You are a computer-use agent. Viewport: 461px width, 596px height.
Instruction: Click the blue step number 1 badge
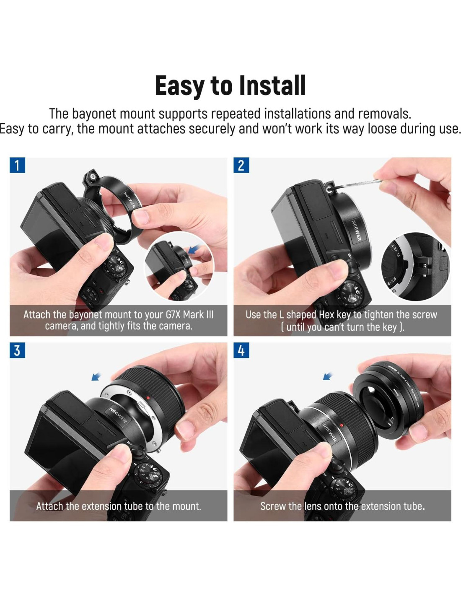tap(17, 165)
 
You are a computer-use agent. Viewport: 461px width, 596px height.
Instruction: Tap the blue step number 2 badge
tap(241, 165)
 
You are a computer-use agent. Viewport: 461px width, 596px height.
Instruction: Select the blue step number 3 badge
tap(17, 350)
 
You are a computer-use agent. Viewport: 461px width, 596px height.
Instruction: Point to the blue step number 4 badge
tap(241, 350)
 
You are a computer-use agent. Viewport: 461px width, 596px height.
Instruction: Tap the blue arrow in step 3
tap(96, 376)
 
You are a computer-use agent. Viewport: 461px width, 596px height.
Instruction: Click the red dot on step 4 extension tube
tap(342, 425)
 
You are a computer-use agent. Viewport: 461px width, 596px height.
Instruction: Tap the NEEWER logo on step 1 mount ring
tap(129, 200)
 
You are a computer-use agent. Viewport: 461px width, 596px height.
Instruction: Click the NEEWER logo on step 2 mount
tap(356, 231)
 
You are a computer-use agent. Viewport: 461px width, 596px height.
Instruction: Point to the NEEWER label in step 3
tap(118, 415)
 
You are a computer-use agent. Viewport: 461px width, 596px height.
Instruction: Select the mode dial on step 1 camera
tap(116, 266)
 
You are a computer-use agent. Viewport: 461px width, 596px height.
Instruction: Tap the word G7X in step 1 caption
tap(173, 314)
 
